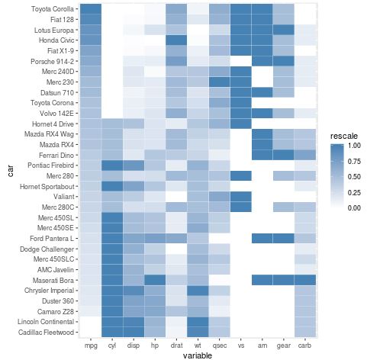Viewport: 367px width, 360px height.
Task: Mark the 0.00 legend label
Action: pyautogui.click(x=353, y=207)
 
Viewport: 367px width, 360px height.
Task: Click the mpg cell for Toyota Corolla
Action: pyautogui.click(x=90, y=9)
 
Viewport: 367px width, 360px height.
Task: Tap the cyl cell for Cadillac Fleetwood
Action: pyautogui.click(x=111, y=332)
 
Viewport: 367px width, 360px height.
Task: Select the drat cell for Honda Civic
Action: pyautogui.click(x=175, y=40)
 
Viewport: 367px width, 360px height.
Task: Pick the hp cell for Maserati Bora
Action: pyautogui.click(x=154, y=280)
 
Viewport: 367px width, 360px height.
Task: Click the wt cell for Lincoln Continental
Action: pyautogui.click(x=197, y=321)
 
